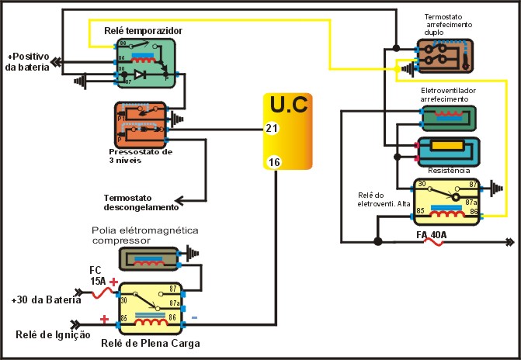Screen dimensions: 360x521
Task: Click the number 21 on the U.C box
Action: (270, 128)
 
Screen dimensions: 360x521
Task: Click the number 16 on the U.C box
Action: (273, 161)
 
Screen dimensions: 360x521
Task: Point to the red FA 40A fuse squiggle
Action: (432, 241)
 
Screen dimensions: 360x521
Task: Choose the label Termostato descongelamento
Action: (141, 202)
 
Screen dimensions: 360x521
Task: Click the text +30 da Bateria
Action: (46, 299)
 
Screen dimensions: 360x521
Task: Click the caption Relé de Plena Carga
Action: (150, 342)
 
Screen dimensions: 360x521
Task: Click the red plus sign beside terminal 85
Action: (103, 318)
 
